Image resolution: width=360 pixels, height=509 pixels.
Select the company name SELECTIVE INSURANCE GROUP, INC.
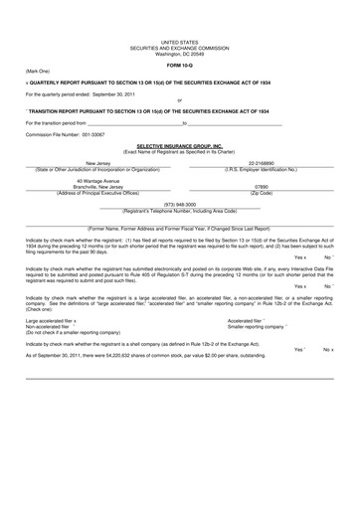coord(179,145)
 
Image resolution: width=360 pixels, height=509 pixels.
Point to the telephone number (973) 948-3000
coord(179,204)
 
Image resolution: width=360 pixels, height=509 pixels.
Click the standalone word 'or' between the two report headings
coord(179,100)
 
